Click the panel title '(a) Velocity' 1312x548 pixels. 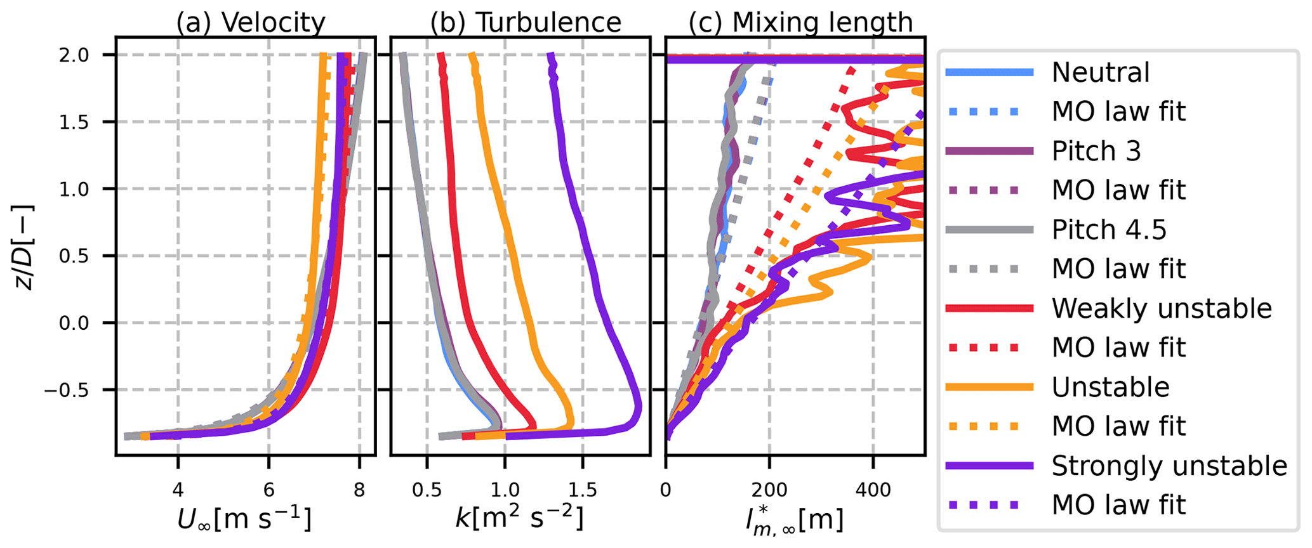251,23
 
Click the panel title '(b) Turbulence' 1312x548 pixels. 526,23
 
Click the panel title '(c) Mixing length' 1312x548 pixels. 800,23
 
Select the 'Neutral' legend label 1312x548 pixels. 1101,72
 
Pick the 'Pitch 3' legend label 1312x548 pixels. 1096,151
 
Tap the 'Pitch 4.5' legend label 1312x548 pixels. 1109,230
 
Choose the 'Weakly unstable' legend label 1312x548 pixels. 1162,308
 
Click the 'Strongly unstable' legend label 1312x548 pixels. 1169,466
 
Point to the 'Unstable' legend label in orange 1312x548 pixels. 1110,387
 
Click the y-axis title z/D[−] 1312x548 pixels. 24,247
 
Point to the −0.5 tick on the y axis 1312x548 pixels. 70,389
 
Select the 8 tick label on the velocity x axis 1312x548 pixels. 359,490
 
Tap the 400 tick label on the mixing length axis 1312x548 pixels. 873,490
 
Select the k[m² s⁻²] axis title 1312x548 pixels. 519,519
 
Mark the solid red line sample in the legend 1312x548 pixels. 988,308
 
